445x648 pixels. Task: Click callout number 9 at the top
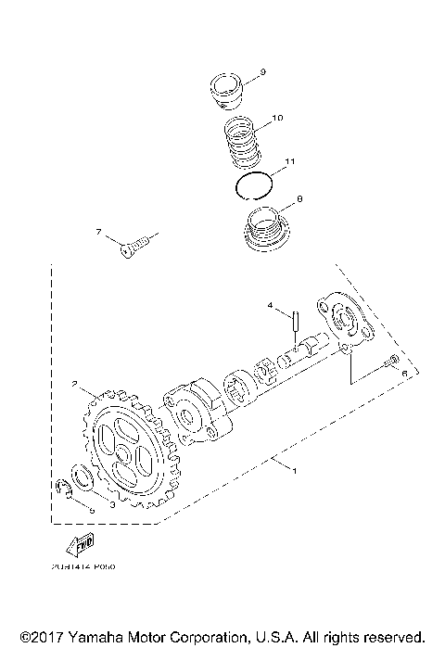point(262,71)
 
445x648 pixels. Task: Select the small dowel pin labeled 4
point(294,324)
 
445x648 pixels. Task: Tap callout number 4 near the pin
point(271,304)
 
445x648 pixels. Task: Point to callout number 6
point(404,372)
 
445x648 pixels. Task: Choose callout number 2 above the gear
point(72,381)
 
